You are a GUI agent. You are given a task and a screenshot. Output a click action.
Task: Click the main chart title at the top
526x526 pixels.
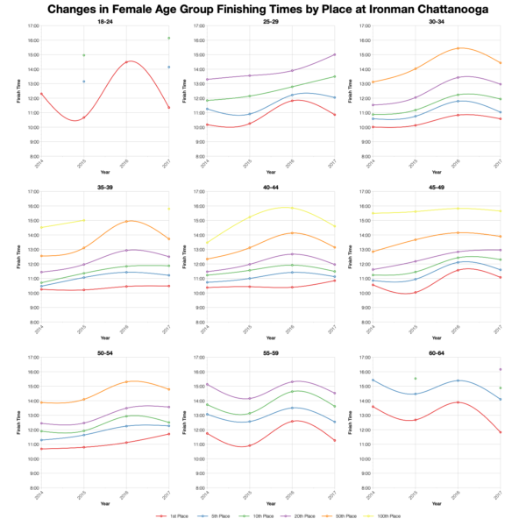(x=263, y=11)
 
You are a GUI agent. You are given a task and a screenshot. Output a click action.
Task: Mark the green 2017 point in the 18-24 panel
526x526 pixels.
(x=168, y=39)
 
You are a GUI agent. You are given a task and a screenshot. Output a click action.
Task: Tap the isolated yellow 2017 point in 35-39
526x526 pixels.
(x=168, y=209)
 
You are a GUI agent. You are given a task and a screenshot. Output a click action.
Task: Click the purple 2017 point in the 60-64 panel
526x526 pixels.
(x=500, y=369)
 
